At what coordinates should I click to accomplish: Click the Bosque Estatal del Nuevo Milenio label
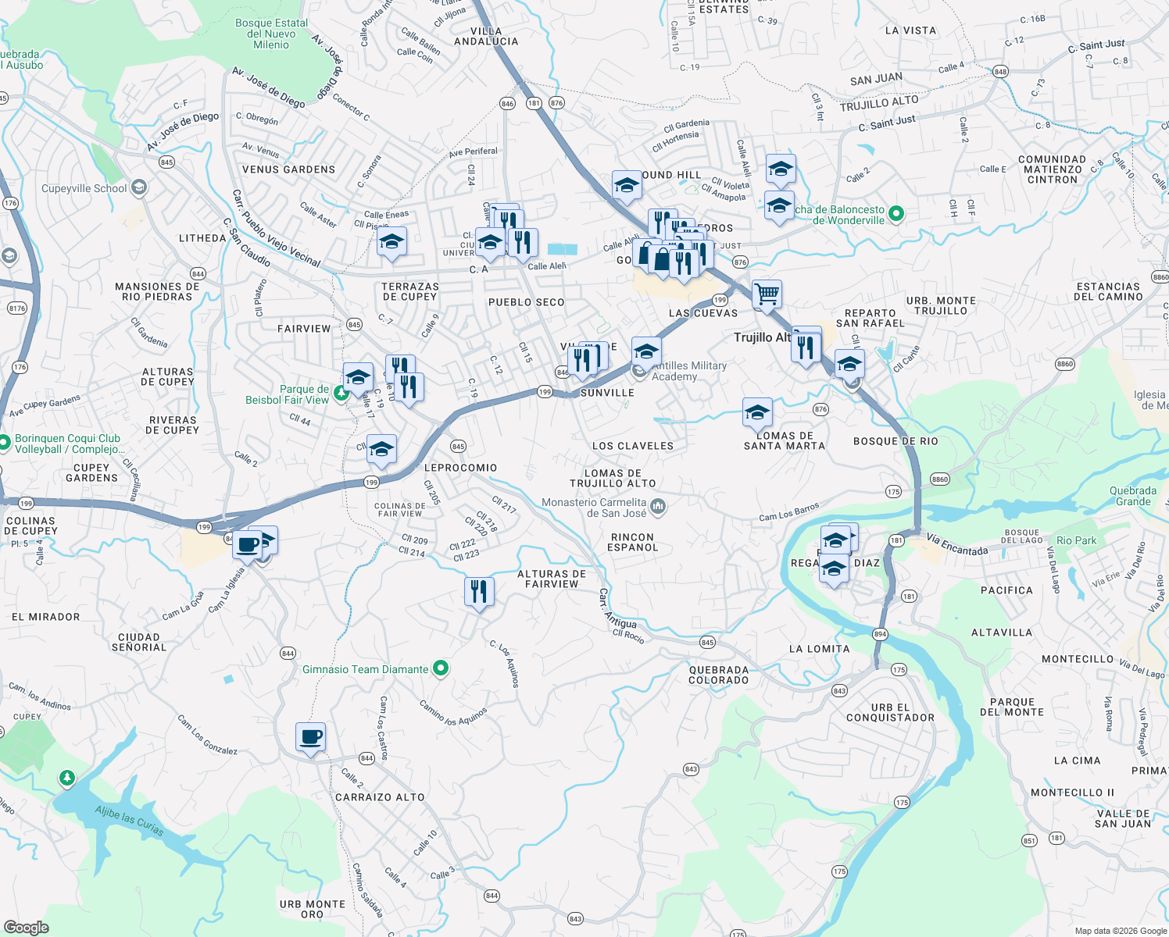pos(271,34)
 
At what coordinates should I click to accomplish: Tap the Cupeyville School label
pos(84,188)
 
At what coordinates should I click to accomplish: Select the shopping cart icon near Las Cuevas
pos(767,294)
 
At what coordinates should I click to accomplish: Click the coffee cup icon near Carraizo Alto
pos(310,736)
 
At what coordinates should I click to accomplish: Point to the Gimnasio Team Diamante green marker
pos(441,668)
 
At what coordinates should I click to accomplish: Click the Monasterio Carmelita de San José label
pos(594,508)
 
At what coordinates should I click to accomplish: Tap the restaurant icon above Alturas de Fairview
pos(479,592)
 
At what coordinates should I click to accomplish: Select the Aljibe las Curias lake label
pos(129,821)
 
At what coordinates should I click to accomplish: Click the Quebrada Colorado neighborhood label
pos(718,675)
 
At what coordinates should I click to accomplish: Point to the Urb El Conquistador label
pos(890,712)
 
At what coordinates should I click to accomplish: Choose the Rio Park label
pos(1076,540)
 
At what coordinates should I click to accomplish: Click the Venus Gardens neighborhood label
pos(288,169)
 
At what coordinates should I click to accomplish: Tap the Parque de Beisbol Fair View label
pos(288,394)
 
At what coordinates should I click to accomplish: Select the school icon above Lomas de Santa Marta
pos(757,411)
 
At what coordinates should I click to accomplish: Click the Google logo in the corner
pos(26,927)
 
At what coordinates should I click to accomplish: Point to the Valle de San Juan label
pos(1123,818)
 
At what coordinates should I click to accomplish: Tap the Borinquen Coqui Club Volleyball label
pos(68,444)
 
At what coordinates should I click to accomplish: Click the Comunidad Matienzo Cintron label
pos(1052,169)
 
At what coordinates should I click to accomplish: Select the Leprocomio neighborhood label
pos(460,468)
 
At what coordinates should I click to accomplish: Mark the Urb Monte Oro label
pos(312,909)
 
